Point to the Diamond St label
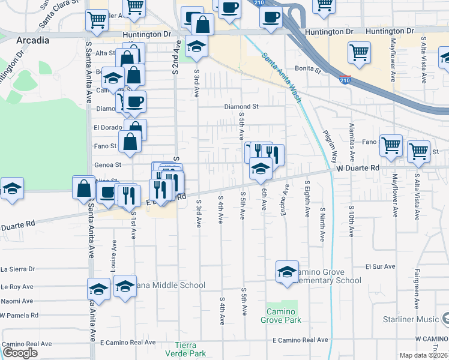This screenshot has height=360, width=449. pyautogui.click(x=241, y=107)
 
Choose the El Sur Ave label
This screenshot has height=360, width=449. pyautogui.click(x=381, y=266)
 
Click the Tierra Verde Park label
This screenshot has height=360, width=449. pyautogui.click(x=190, y=349)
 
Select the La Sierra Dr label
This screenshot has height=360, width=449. pyautogui.click(x=18, y=269)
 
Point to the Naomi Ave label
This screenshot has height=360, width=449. pyautogui.click(x=17, y=301)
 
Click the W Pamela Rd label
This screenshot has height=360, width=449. pyautogui.click(x=19, y=315)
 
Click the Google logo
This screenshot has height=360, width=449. pyautogui.click(x=20, y=353)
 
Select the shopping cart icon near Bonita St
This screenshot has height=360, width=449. pyautogui.click(x=359, y=52)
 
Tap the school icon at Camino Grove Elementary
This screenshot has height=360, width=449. pyautogui.click(x=288, y=271)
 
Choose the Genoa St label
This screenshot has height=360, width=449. pyautogui.click(x=108, y=164)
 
